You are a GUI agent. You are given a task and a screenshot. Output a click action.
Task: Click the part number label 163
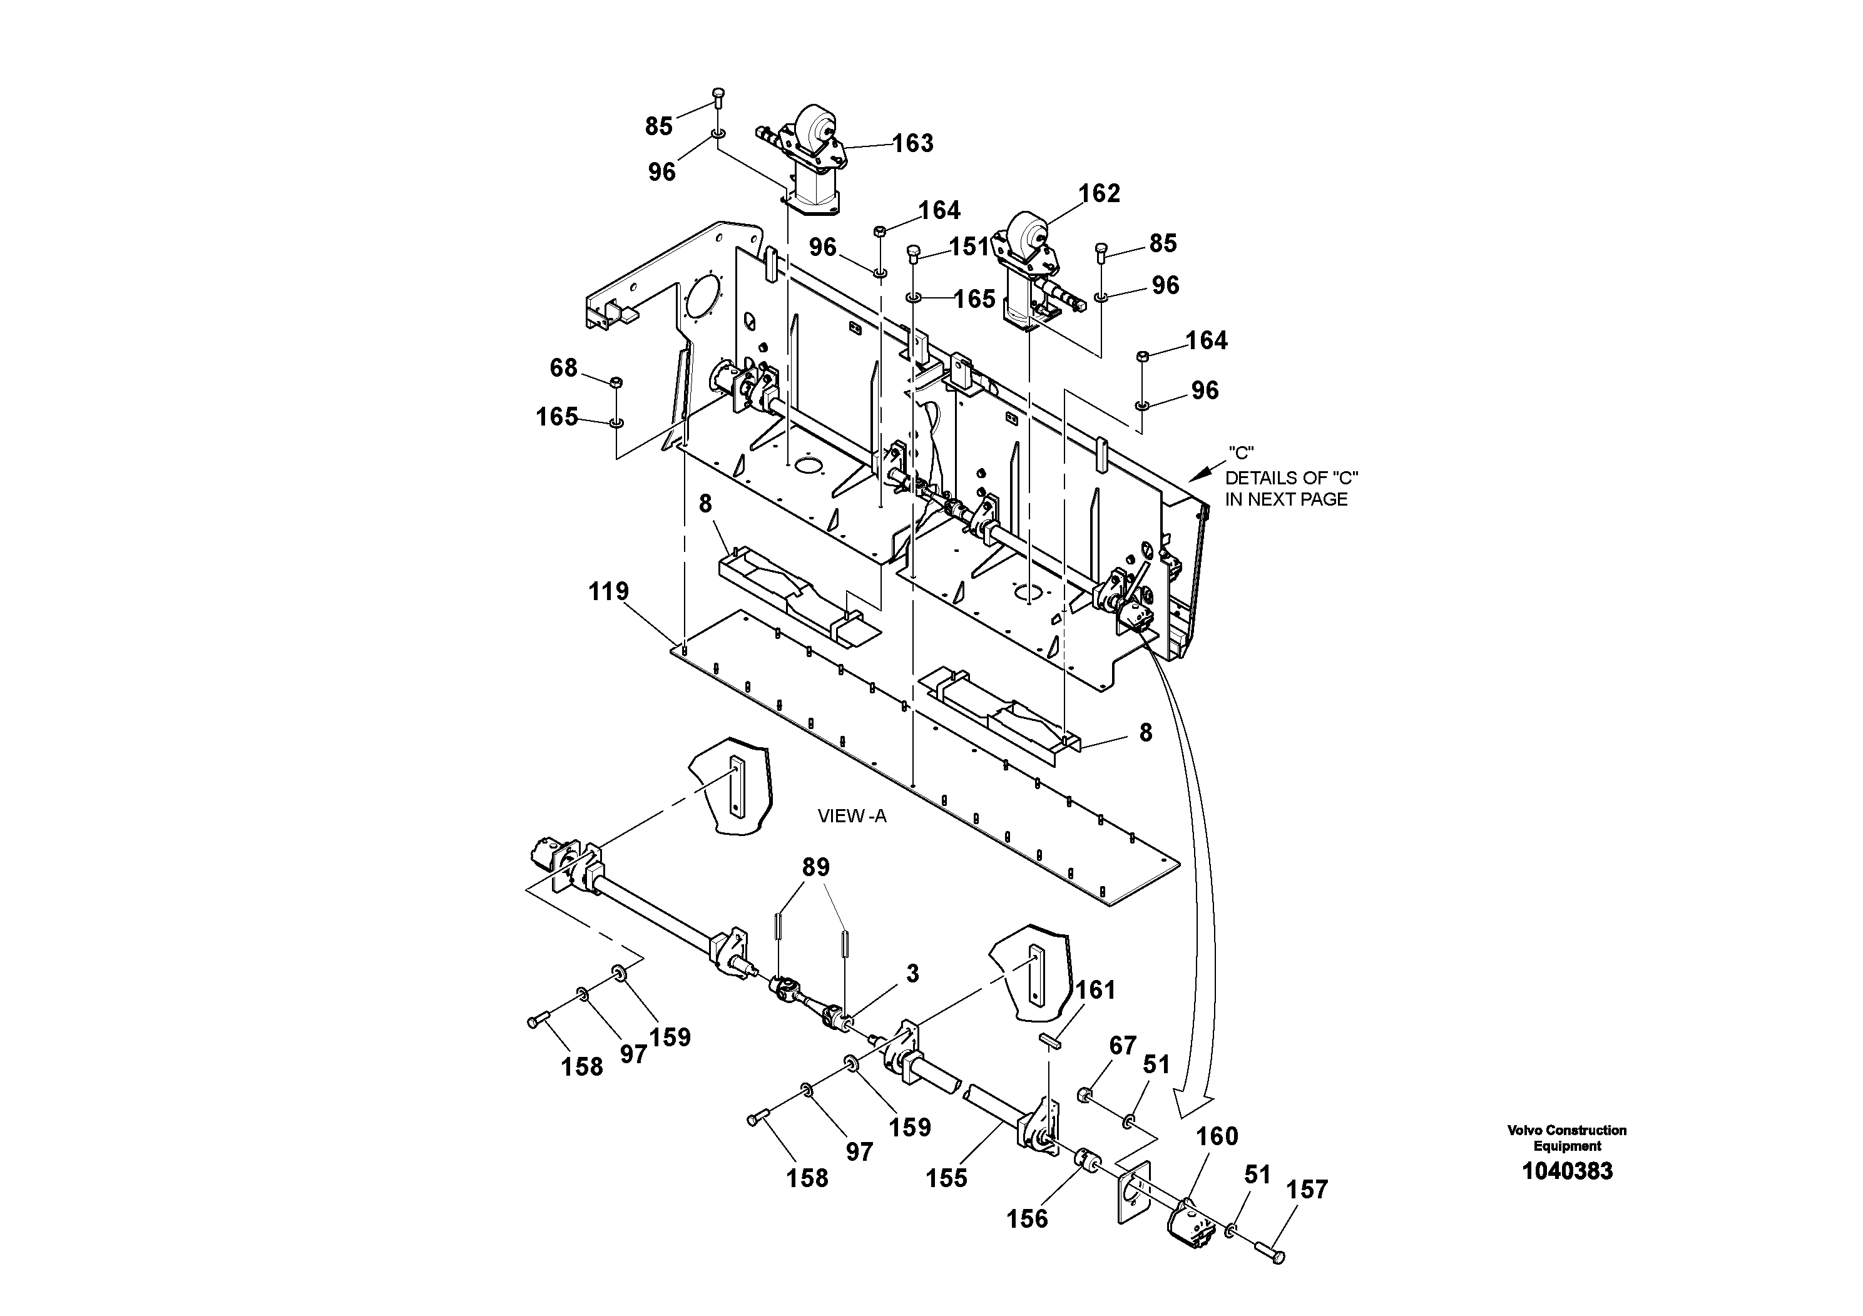913,143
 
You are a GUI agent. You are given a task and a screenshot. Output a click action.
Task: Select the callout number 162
1099,194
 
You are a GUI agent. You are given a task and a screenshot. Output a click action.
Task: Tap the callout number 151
969,247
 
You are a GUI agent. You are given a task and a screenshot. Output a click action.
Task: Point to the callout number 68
564,369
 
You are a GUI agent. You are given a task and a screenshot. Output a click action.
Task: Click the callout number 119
608,591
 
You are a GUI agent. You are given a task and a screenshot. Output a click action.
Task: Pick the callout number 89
815,867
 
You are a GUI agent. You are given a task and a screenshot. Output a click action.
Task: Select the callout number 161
1095,990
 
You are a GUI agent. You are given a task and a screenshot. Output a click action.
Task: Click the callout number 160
1217,1136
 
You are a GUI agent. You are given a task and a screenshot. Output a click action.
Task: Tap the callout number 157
1307,1190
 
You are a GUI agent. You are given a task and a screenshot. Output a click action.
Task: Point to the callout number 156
1027,1218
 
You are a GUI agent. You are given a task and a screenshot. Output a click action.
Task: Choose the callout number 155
947,1178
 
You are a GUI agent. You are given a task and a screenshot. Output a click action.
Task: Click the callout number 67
1122,1046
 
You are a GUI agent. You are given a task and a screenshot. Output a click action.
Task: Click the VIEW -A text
852,816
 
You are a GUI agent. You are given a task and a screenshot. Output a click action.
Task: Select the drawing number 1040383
1567,1171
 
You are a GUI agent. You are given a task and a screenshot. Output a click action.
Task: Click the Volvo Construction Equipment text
1567,1138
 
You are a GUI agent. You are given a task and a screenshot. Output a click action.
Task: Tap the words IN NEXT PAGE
1286,500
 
